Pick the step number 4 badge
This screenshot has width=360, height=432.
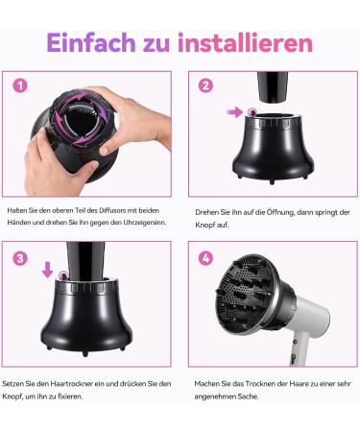click(204, 258)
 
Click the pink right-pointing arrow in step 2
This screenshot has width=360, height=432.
click(235, 112)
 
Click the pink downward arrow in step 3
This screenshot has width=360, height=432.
click(48, 270)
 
